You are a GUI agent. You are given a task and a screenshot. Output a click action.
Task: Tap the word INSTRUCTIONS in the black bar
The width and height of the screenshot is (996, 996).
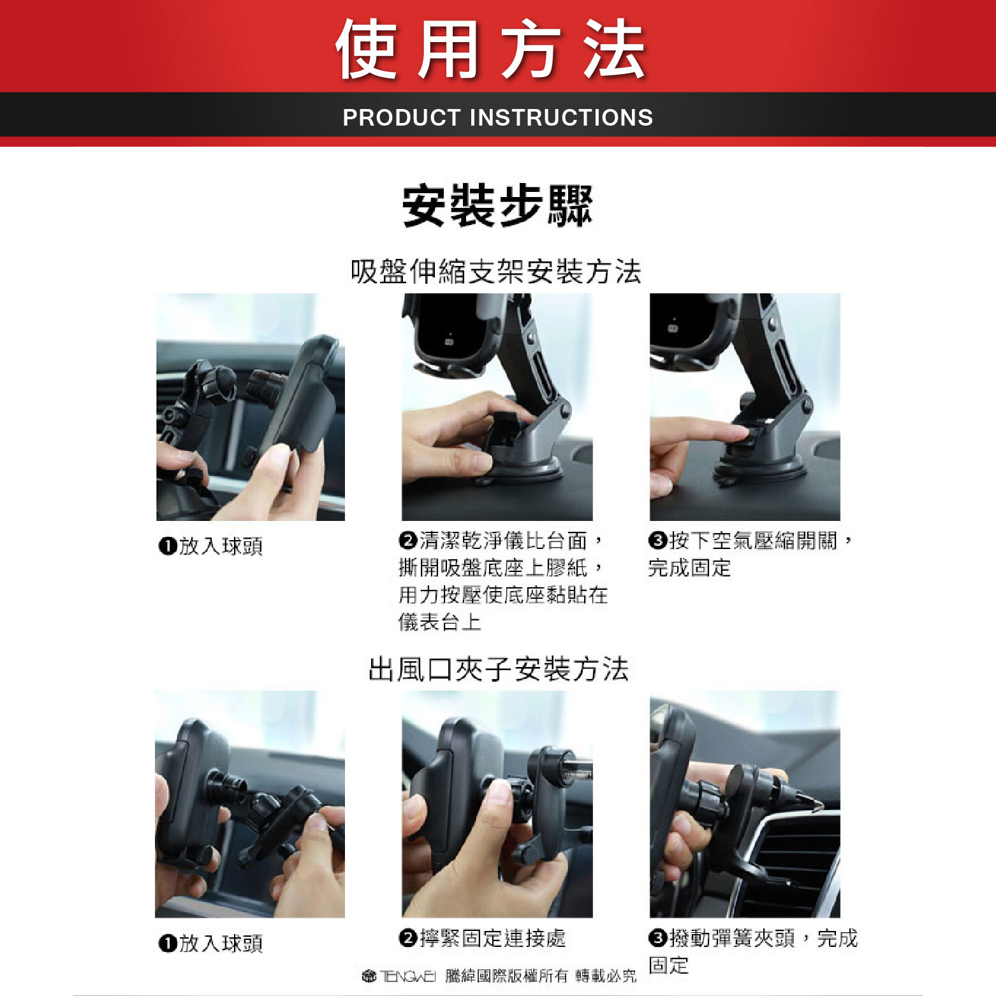click(561, 117)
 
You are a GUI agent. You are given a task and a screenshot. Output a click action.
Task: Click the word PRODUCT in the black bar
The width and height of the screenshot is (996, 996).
click(402, 117)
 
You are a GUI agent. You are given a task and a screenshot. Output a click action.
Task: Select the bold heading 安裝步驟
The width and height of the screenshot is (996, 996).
click(497, 206)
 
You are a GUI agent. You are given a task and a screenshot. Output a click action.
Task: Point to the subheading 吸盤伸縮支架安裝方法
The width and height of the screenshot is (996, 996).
click(496, 272)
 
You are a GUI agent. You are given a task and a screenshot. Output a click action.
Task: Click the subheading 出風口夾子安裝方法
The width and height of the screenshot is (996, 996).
click(499, 669)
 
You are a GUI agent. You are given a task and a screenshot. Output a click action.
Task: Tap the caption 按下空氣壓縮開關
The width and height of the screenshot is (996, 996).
click(753, 541)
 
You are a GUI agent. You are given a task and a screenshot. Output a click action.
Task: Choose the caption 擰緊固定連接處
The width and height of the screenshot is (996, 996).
click(492, 938)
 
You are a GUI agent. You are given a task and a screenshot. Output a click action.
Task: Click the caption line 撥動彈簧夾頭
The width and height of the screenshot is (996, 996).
click(732, 938)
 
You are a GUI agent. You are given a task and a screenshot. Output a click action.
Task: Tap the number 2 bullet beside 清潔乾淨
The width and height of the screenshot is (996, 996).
click(408, 541)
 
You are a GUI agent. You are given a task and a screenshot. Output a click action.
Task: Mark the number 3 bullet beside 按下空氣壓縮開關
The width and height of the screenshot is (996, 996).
click(658, 541)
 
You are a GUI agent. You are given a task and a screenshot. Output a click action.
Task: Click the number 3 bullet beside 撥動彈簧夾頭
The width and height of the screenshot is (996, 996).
click(658, 938)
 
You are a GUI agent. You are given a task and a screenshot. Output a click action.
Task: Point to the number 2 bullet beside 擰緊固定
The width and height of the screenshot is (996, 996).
click(408, 938)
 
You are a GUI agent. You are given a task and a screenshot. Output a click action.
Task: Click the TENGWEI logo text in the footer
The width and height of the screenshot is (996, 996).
click(407, 976)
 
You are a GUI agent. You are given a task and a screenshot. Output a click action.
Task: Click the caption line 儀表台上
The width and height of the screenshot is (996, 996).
click(440, 622)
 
